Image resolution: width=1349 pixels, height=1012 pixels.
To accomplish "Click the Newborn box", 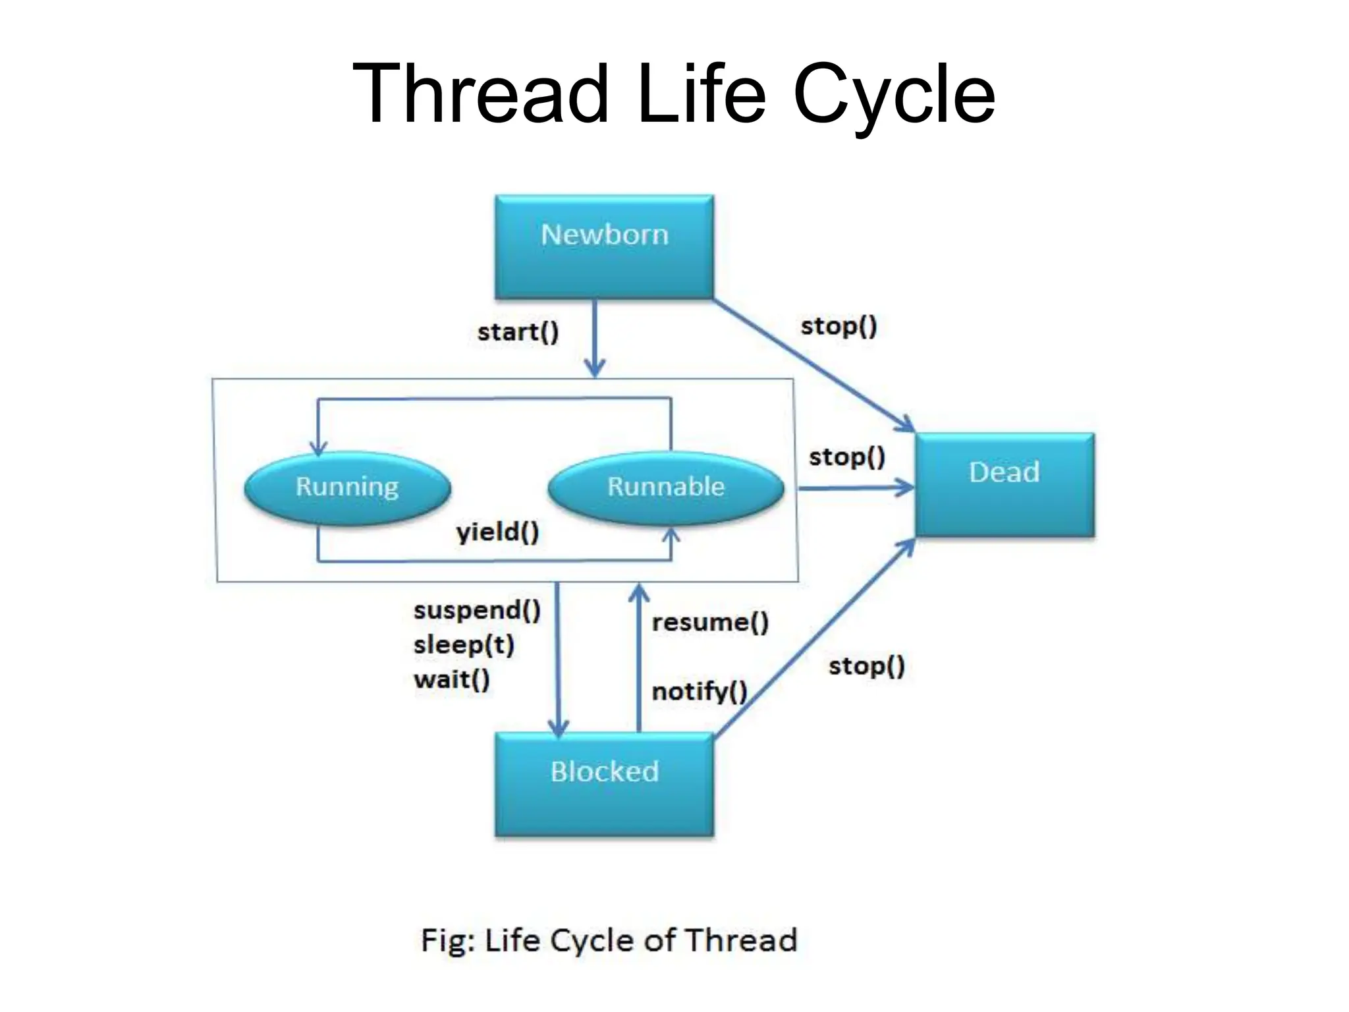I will (604, 246).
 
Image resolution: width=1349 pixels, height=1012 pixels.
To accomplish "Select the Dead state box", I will (1005, 484).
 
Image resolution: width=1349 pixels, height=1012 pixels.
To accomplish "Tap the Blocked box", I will (604, 784).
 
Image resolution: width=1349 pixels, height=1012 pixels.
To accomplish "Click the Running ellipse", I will (347, 487).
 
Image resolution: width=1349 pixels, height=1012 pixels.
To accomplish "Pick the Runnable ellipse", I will (666, 487).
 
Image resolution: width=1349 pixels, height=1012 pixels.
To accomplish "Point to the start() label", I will (518, 331).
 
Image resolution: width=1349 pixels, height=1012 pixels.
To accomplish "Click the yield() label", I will (497, 531).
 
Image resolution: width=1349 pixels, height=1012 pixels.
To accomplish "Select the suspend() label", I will (477, 610).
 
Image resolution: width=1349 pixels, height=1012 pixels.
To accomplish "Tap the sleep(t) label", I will (464, 644).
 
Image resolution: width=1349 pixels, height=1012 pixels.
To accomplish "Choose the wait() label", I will (452, 679).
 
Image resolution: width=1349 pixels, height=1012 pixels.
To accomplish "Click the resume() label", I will (710, 622).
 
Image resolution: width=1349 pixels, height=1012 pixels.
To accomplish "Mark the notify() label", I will (699, 691).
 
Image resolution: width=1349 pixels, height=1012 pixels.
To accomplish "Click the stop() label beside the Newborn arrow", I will (839, 326).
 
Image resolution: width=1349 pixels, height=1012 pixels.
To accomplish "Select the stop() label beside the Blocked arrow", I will (866, 666).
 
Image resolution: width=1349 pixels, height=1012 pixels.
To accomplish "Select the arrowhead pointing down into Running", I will (318, 449).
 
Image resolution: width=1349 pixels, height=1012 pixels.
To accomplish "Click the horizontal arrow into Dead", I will (856, 488).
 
